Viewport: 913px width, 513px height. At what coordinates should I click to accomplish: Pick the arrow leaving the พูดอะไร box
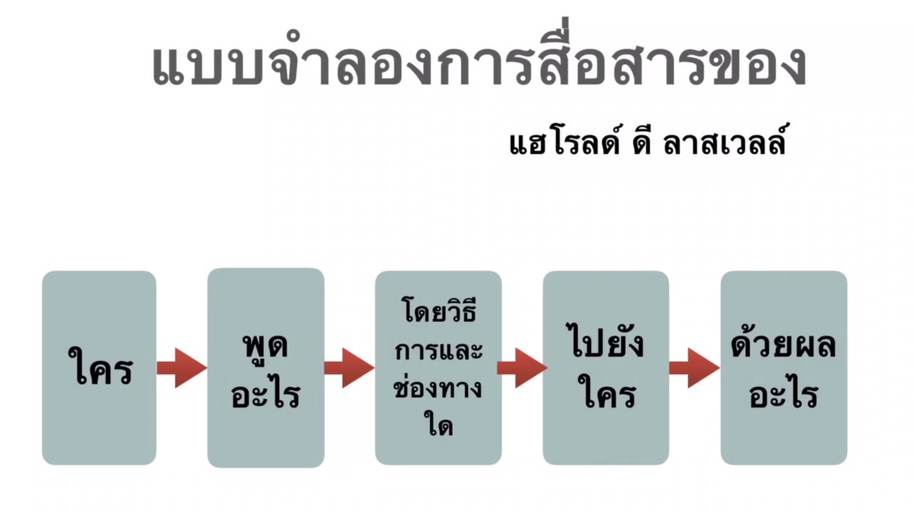349,368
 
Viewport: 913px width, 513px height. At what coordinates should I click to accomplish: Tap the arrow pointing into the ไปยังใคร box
521,368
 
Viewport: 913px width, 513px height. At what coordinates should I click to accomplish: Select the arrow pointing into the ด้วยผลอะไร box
694,368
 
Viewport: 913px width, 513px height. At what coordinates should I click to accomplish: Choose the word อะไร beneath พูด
265,393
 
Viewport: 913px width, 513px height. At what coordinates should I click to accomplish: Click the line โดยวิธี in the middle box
438,313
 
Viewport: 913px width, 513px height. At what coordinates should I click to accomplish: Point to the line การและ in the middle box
438,351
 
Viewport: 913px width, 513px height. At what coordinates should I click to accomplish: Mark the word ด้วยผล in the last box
783,345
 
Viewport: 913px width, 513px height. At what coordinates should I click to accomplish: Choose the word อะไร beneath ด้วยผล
783,393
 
